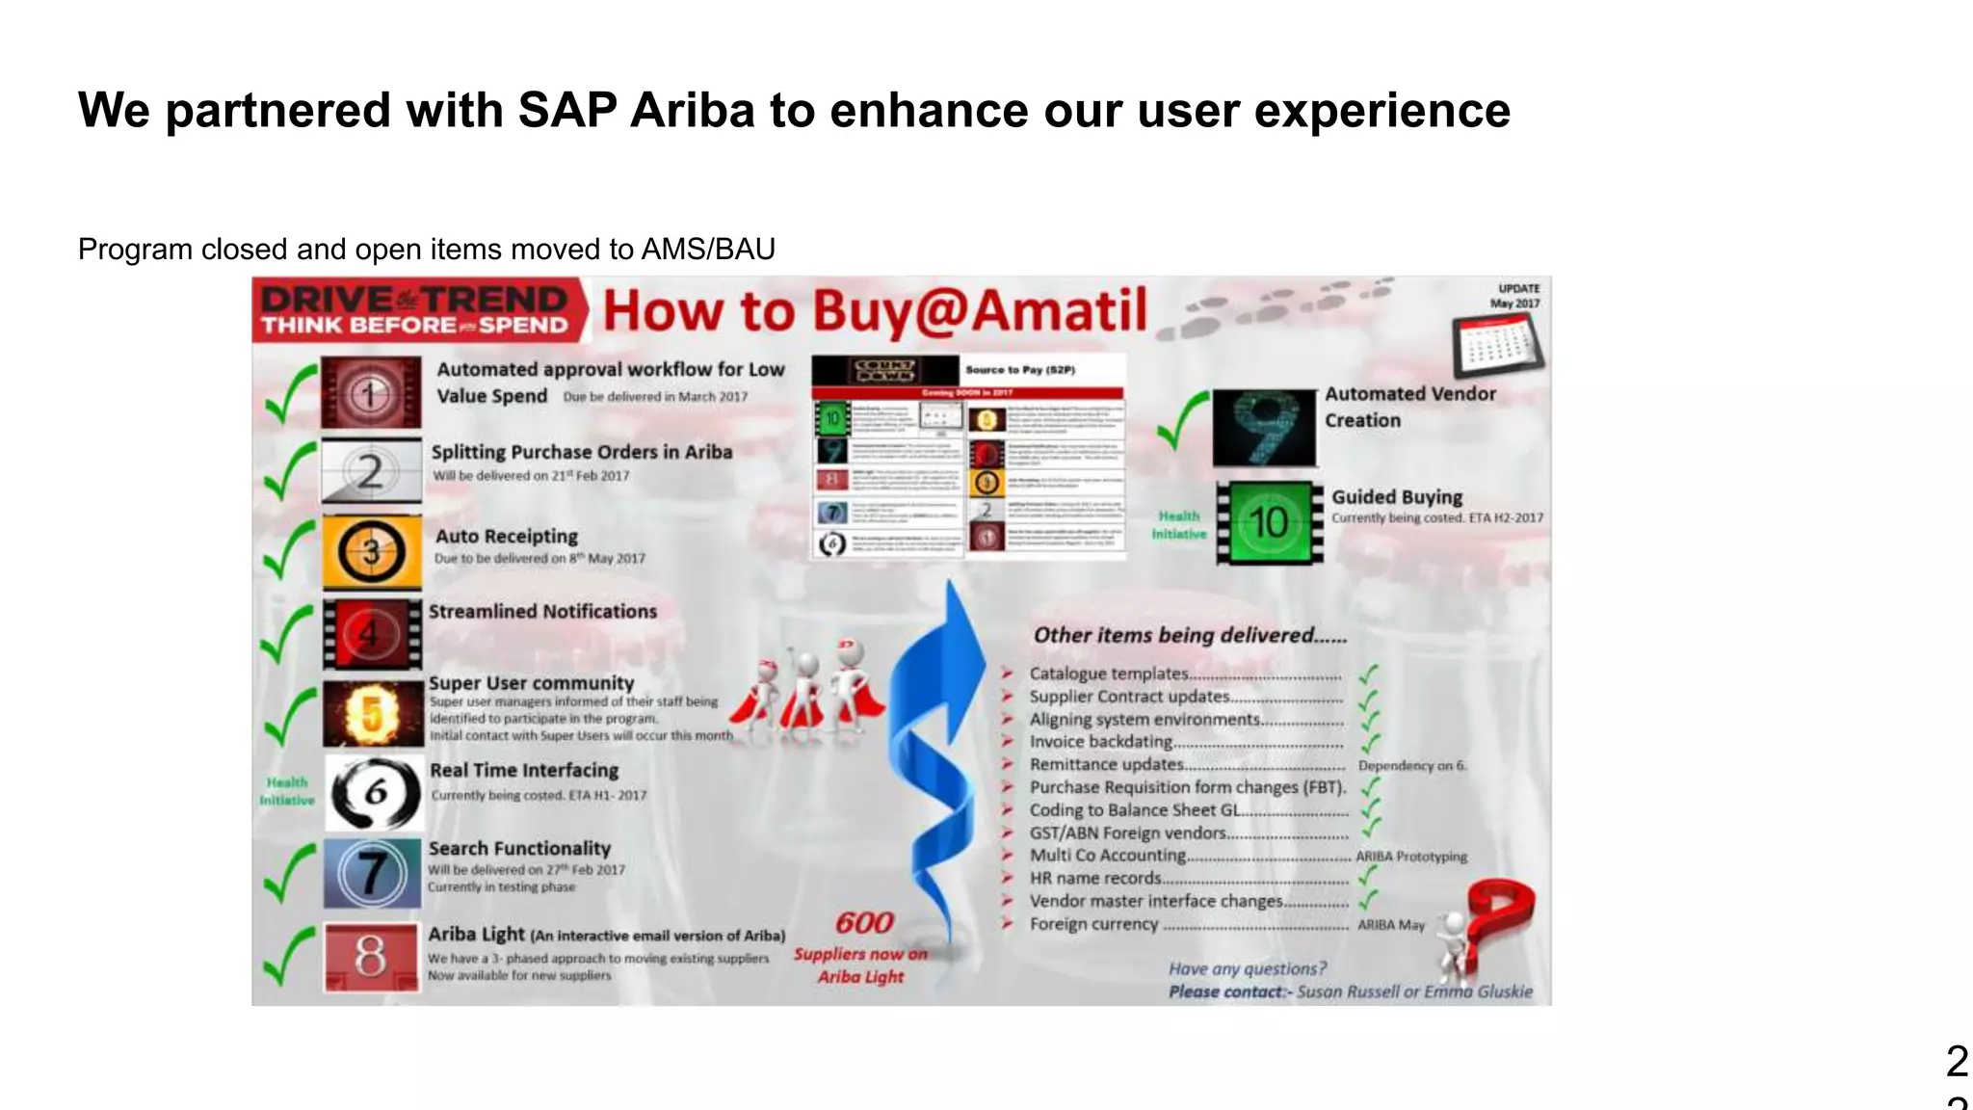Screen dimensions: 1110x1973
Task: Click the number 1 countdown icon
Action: (x=371, y=392)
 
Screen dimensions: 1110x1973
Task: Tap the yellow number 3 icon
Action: (x=372, y=552)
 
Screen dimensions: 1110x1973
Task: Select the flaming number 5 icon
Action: (x=373, y=714)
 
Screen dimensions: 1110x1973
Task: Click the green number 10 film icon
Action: (x=1269, y=523)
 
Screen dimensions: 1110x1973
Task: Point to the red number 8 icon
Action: (x=371, y=957)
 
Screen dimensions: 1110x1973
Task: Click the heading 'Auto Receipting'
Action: (x=507, y=537)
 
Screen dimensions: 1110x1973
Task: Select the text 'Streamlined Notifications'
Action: (x=542, y=612)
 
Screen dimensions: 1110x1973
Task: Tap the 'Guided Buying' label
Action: (x=1397, y=497)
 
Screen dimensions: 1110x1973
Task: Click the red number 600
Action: (x=864, y=923)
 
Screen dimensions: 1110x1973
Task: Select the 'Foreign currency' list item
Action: (x=1093, y=924)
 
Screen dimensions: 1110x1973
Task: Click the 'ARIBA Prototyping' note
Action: (x=1411, y=857)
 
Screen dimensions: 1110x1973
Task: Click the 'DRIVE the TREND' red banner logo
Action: (x=416, y=310)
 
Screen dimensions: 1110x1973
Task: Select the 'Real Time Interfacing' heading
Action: (x=524, y=771)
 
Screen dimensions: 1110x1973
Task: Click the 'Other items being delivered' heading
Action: (x=1190, y=635)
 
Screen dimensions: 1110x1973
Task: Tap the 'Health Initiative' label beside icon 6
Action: (x=287, y=791)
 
